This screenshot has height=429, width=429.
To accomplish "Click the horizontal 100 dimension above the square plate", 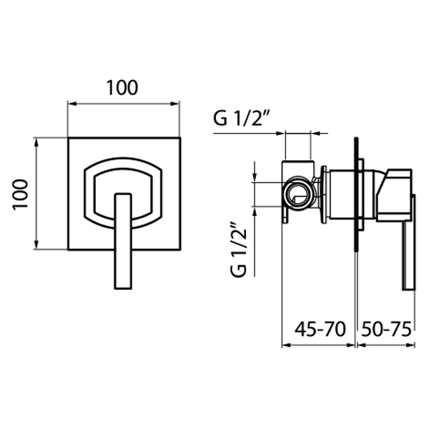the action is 122,87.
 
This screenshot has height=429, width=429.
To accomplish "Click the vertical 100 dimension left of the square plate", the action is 21,194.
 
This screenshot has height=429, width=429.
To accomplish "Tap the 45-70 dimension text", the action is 320,329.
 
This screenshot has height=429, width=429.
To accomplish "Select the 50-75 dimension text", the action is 386,329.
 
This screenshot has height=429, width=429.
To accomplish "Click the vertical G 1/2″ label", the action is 239,250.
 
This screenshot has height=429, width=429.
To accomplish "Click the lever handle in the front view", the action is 124,241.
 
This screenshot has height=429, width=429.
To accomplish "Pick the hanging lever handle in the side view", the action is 409,242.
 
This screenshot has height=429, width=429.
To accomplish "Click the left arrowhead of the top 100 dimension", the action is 71,104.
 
